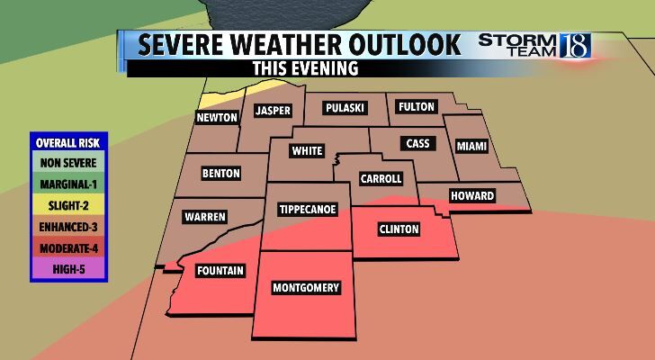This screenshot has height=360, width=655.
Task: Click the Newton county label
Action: click(x=218, y=118)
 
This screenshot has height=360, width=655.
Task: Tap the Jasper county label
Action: click(x=272, y=111)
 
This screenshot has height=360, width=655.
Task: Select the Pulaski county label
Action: click(x=344, y=108)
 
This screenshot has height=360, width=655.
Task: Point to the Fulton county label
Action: click(x=417, y=107)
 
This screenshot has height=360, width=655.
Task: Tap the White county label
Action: click(x=307, y=151)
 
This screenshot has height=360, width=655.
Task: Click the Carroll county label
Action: click(x=381, y=179)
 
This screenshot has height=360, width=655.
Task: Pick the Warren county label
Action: click(x=205, y=217)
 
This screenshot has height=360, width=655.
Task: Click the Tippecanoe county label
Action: click(x=308, y=210)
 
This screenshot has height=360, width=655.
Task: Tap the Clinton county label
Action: click(x=398, y=229)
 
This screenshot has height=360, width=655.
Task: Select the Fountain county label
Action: click(x=220, y=270)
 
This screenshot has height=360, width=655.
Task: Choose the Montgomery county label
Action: click(x=307, y=288)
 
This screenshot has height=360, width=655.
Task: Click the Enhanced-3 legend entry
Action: click(x=67, y=224)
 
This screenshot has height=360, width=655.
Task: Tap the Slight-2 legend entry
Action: click(x=67, y=204)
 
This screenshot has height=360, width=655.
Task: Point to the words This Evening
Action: click(x=306, y=68)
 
